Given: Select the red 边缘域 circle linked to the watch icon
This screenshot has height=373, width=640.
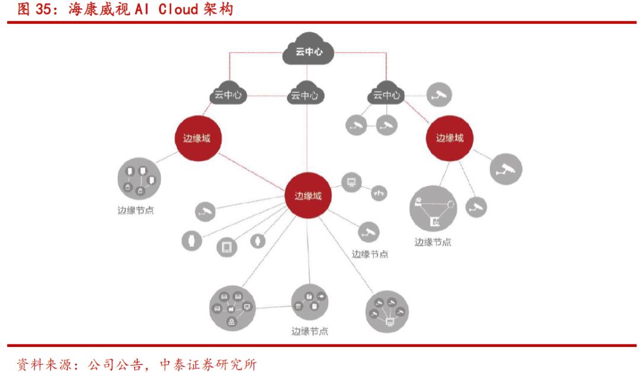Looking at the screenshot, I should coord(308,196).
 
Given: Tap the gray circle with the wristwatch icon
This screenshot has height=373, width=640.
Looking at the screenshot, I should coord(191,241).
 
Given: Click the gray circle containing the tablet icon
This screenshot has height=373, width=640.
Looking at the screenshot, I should coord(226,246).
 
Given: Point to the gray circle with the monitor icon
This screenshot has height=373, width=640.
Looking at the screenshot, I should coord(351,182).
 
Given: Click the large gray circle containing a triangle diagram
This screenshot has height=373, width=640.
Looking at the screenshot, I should coord(433,209).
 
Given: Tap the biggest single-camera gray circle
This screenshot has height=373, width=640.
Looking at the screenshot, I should coord(505,169).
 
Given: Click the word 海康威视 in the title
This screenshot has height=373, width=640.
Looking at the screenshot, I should coord(89,9).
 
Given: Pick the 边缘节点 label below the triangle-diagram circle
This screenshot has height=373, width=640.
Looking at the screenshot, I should coord(433,242).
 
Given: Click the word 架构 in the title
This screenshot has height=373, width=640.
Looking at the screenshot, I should coord(217,9).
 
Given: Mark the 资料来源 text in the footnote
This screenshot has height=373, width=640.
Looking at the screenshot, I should coord(43,364).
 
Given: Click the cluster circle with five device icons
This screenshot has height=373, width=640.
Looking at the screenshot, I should coord(232,310).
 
